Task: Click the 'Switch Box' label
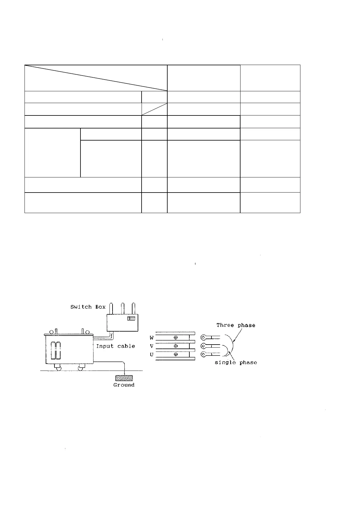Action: pos(88,307)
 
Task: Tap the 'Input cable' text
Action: pos(116,346)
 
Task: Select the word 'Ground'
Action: pos(124,385)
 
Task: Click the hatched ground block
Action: pos(124,378)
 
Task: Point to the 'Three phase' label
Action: pos(236,325)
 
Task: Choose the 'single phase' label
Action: pos(236,362)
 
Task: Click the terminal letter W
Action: pos(152,338)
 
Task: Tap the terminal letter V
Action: pos(152,346)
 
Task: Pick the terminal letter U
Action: pos(152,355)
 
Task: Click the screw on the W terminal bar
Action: pos(176,338)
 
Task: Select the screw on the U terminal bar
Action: pos(176,354)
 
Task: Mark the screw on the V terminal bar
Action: pos(176,346)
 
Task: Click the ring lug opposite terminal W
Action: pos(204,338)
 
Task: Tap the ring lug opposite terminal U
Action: pos(204,354)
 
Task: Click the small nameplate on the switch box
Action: pos(131,319)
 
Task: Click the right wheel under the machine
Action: pos(81,368)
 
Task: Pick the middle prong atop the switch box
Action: pos(123,309)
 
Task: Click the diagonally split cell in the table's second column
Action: pos(154,109)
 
